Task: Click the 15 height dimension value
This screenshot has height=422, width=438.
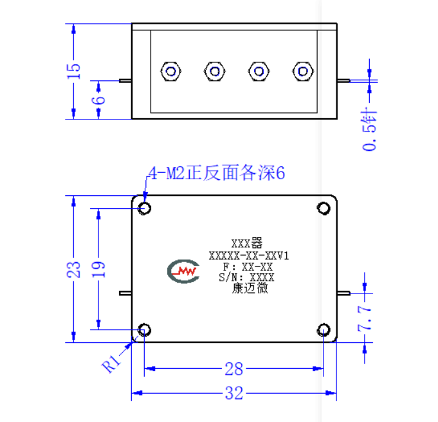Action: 74,71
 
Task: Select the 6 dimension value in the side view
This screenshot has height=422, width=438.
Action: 98,100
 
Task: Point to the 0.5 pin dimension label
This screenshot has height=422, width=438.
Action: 370,131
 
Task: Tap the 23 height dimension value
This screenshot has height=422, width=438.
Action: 73,270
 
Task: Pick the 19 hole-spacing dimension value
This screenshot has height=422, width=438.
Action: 98,269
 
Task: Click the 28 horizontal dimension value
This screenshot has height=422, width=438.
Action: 234,369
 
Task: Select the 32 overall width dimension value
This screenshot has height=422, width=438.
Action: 234,393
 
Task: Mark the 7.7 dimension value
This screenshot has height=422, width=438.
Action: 365,318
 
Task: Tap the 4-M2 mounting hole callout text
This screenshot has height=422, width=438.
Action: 217,173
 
